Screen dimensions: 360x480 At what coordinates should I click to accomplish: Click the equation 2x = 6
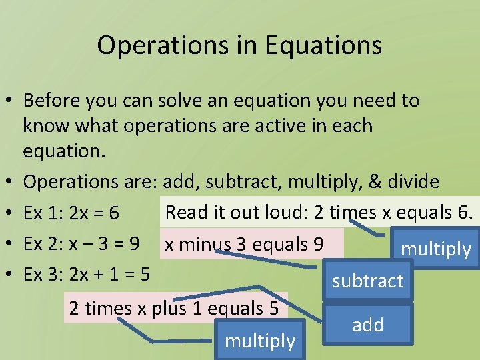pyautogui.click(x=93, y=214)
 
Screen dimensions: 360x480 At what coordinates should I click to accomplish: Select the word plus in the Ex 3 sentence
pyautogui.click(x=188, y=308)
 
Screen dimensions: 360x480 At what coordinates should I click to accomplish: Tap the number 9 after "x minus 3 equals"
pyautogui.click(x=319, y=245)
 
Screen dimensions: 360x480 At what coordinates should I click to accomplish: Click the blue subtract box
pyautogui.click(x=367, y=281)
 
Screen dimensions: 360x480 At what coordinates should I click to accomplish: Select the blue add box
pyautogui.click(x=368, y=325)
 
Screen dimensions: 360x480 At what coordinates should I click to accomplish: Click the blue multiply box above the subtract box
pyautogui.click(x=435, y=249)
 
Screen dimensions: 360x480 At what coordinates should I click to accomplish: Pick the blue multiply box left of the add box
pyautogui.click(x=260, y=341)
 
